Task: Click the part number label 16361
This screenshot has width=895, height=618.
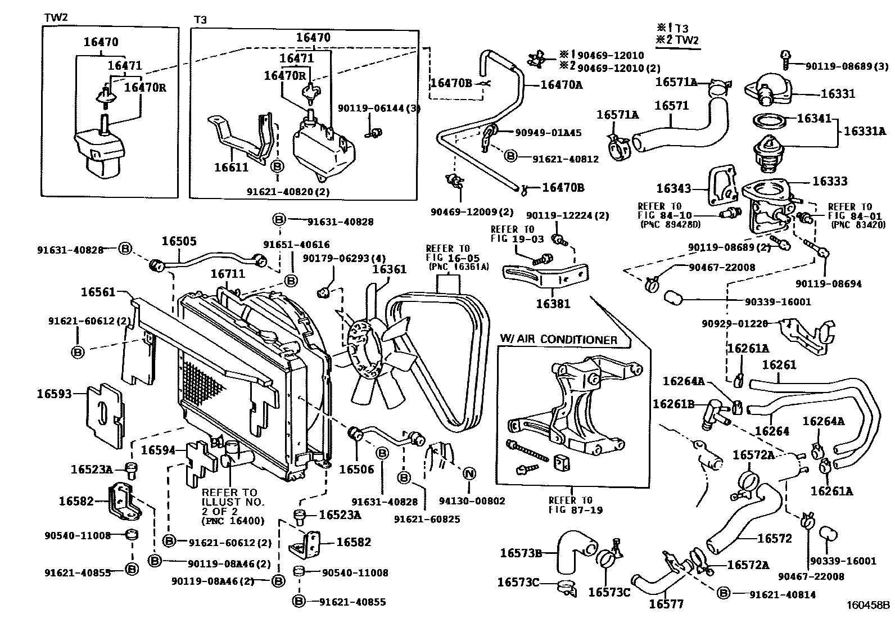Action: coord(389,270)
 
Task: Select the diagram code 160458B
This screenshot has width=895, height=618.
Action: coord(869,606)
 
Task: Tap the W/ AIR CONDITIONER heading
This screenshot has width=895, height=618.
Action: coord(558,340)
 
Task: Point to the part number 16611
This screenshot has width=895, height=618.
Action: coord(231,168)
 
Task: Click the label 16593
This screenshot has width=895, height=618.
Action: coord(55,394)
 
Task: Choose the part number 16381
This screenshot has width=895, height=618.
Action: coord(553,304)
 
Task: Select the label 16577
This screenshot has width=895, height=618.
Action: coord(666,605)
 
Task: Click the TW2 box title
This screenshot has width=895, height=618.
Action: coord(56,17)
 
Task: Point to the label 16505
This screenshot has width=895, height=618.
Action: coord(179,241)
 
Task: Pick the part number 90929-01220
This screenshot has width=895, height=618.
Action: coord(734,324)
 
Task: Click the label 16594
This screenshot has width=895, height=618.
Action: coord(158,450)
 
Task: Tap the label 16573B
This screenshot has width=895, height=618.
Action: coord(521,553)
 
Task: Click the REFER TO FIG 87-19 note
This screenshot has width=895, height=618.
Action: coord(570,505)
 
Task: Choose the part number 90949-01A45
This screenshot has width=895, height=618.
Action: coord(548,133)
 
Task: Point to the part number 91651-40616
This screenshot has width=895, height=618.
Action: coord(296,245)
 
